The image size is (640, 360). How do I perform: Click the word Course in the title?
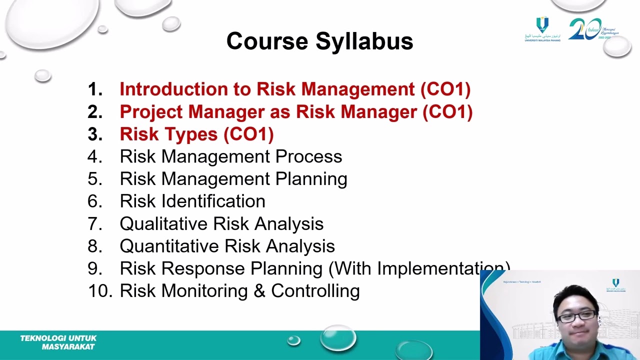point(267,41)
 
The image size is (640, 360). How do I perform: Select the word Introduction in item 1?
point(173,89)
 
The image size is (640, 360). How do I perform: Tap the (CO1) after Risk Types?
point(248,134)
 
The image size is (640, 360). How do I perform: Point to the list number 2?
point(94,112)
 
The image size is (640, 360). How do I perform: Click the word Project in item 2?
point(151,112)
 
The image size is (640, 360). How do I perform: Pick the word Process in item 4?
point(308,156)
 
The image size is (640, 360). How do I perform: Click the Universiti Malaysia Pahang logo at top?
point(542,29)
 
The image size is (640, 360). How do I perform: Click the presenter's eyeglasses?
point(576,316)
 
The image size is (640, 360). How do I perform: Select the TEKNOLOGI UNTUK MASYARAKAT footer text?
point(58,342)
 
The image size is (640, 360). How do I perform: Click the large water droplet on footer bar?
point(338,337)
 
